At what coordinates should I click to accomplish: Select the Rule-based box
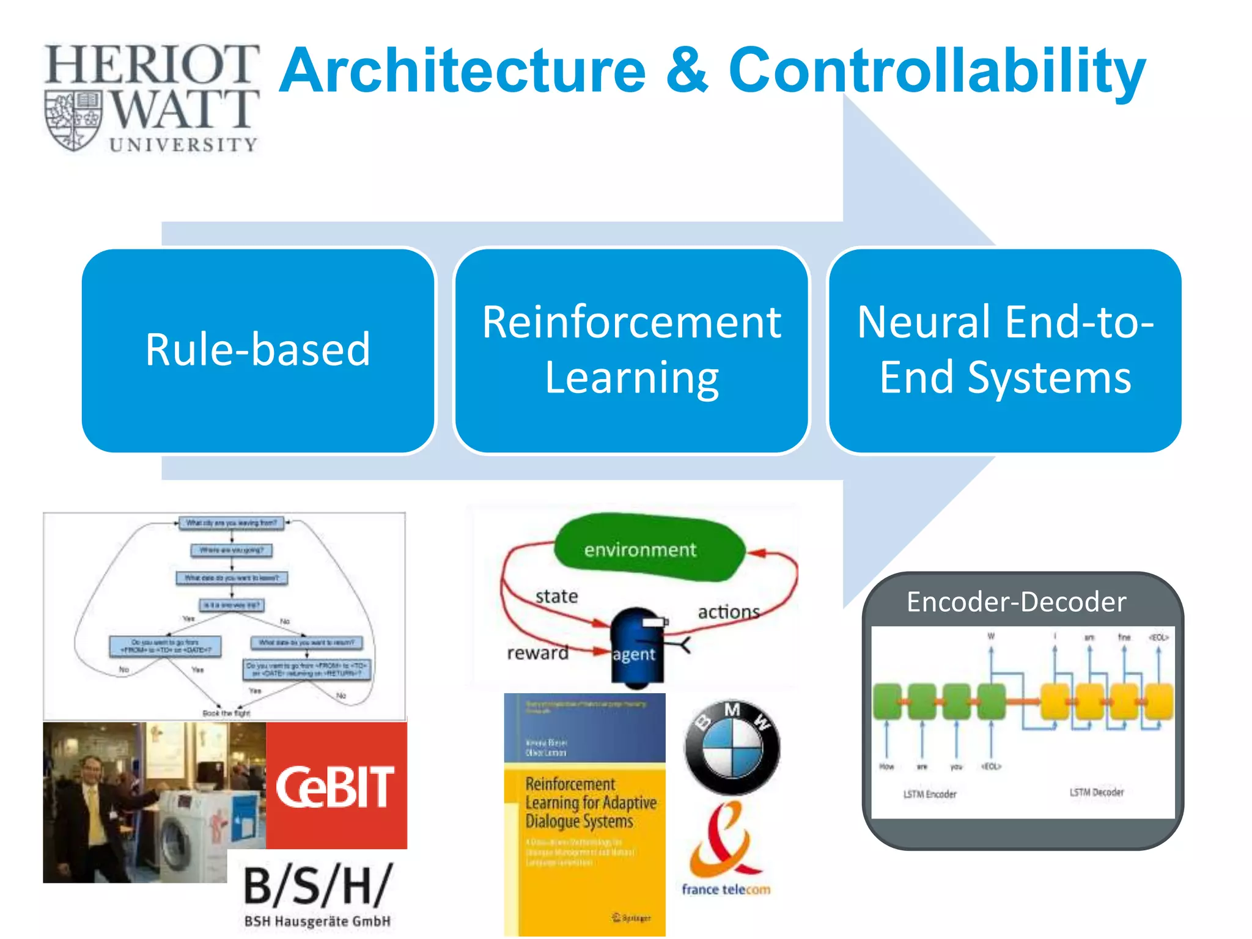click(x=258, y=350)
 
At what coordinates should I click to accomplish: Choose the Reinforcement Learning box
click(x=632, y=350)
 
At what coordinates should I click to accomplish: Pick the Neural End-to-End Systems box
click(x=1005, y=350)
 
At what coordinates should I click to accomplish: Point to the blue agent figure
click(x=637, y=645)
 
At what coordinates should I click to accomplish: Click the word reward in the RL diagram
click(x=537, y=653)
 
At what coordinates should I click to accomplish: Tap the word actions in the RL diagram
click(x=728, y=611)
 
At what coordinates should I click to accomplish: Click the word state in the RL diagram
click(x=556, y=596)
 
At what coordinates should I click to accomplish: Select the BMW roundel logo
click(x=732, y=747)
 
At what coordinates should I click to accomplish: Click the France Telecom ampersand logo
click(x=724, y=841)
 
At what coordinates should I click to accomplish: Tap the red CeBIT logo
click(x=336, y=787)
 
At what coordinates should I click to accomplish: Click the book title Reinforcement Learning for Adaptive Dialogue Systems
click(x=589, y=803)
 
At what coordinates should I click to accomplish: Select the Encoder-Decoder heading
click(x=1016, y=602)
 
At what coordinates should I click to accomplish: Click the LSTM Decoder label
click(x=1096, y=792)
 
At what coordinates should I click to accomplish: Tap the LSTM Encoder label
click(x=930, y=794)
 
